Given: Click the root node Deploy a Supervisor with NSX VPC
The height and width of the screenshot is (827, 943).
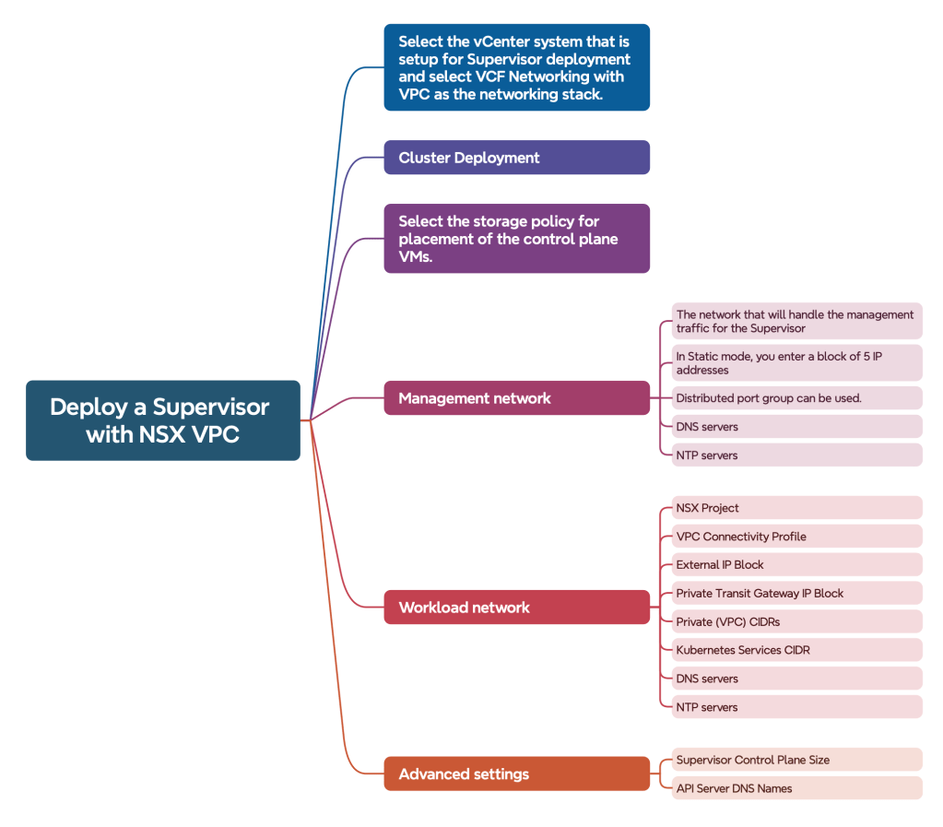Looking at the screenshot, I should click(163, 420).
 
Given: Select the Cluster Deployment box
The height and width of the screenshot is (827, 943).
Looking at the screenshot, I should click(516, 158).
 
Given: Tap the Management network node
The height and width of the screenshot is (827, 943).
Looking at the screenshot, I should click(516, 398).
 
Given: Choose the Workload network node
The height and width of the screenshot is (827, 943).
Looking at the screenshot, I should click(516, 608).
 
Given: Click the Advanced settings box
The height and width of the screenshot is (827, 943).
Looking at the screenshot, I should click(516, 774).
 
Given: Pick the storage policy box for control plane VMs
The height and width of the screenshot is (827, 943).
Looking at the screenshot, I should click(516, 239).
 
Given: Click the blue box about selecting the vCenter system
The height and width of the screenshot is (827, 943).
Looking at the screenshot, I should click(516, 67).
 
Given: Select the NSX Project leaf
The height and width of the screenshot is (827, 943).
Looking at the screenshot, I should click(796, 508).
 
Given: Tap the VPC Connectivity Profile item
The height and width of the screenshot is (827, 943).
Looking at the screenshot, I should click(796, 537).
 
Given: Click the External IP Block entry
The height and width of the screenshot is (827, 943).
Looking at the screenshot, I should click(796, 565).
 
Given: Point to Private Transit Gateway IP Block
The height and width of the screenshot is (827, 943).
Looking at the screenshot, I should click(796, 594).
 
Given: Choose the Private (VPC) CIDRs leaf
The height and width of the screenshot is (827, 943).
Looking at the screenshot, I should click(796, 622).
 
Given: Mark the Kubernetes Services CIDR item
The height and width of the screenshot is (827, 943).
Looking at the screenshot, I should click(796, 650).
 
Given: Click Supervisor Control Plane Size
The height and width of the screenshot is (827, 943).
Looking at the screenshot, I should click(796, 760).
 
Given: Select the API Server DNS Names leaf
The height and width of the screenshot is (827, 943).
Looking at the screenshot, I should click(796, 788).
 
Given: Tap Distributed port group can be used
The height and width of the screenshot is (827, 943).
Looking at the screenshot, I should click(796, 398).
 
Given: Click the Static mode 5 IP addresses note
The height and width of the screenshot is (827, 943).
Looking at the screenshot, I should click(796, 363).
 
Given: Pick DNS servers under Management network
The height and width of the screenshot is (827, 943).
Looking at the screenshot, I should click(796, 427).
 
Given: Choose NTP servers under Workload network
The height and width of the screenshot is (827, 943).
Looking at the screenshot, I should click(796, 707).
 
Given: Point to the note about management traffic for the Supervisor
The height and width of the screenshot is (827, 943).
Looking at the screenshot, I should click(796, 321).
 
